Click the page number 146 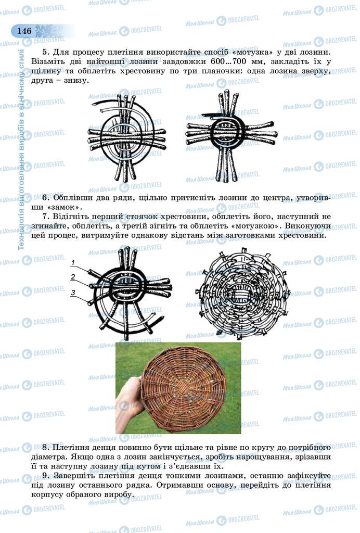[24, 31]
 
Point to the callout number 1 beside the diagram [73, 262]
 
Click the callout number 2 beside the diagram [73, 277]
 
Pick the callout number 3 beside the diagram [73, 293]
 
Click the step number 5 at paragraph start [45, 53]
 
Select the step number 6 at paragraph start [45, 197]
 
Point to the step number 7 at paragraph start [45, 217]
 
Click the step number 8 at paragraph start [45, 447]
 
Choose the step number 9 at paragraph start [45, 476]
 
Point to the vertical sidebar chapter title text [21, 149]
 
